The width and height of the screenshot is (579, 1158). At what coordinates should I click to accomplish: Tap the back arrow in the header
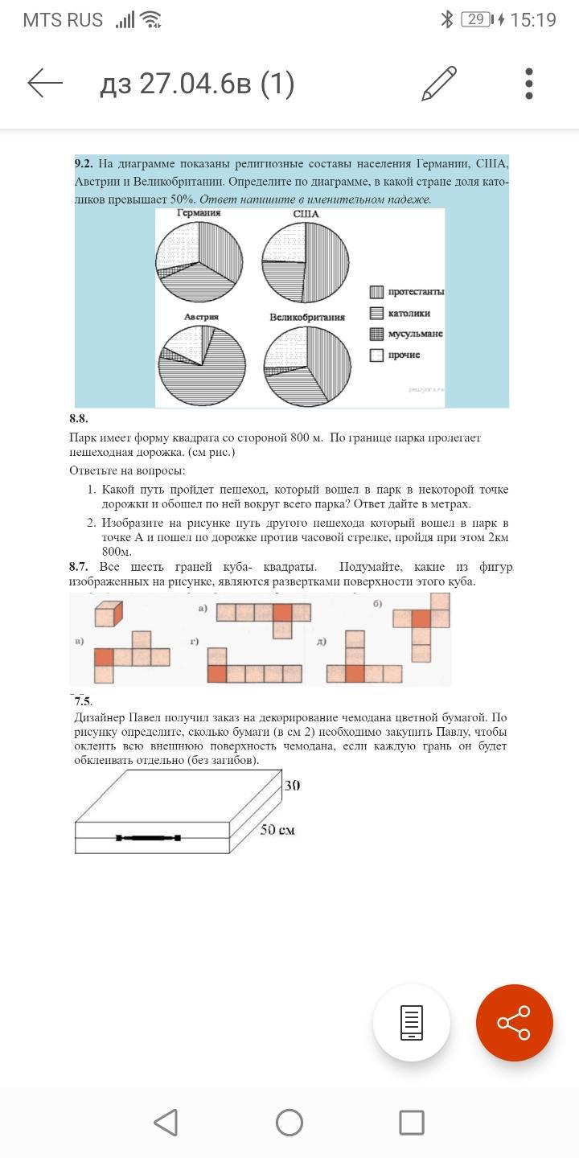(45, 83)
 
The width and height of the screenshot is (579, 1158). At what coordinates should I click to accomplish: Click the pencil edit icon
(439, 84)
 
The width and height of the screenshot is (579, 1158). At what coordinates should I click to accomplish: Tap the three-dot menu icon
(528, 84)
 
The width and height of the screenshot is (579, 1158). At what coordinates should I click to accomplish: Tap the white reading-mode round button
(411, 1022)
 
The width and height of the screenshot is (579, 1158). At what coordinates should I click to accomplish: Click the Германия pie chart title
(199, 213)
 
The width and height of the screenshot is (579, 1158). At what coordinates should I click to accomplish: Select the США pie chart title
(306, 214)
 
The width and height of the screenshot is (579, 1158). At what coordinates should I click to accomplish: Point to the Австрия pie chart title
(201, 317)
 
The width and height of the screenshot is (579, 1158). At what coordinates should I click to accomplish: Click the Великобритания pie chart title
(307, 317)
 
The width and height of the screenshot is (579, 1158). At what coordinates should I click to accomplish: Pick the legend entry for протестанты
(407, 292)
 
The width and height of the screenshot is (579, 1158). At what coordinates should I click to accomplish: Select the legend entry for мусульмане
(407, 334)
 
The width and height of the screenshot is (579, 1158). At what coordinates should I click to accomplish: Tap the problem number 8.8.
(79, 418)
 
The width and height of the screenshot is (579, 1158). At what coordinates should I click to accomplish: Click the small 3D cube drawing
(108, 614)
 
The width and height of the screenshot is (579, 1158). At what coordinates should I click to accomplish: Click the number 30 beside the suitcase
(292, 785)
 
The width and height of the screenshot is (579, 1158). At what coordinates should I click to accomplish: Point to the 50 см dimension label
(277, 829)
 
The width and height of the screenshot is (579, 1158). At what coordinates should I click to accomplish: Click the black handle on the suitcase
(148, 838)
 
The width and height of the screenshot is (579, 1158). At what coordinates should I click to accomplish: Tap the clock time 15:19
(532, 20)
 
